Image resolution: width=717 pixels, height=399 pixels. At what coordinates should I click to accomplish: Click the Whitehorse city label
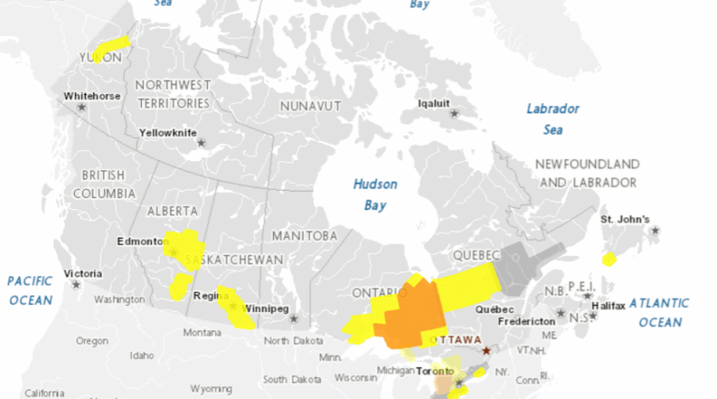[x=92, y=97]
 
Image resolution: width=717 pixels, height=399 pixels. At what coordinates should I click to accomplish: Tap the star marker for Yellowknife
[x=201, y=143]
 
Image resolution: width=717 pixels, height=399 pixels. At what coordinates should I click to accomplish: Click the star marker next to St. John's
[x=655, y=231]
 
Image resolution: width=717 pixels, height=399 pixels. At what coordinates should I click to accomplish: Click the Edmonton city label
[x=139, y=241]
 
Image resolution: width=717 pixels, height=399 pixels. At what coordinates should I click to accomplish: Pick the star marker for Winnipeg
[x=293, y=318]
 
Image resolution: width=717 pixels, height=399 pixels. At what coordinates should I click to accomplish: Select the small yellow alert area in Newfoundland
[x=609, y=259]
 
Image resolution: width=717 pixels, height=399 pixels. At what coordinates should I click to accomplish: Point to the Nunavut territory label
[x=310, y=105]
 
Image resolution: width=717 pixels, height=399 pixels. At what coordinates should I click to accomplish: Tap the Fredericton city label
[x=525, y=321]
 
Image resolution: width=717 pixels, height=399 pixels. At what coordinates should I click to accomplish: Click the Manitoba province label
[x=304, y=236]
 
